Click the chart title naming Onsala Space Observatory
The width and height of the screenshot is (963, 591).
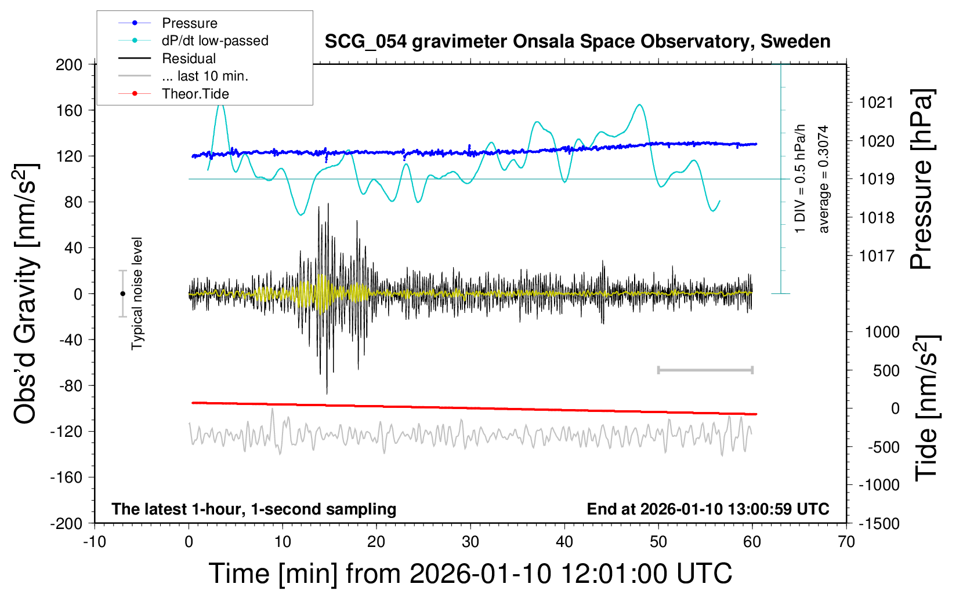577,42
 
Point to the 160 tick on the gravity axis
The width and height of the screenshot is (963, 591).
69,110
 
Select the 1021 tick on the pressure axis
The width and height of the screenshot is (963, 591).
876,103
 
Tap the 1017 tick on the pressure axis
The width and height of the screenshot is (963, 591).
876,256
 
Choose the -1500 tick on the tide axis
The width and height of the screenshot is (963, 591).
879,523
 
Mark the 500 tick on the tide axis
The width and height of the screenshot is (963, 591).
886,370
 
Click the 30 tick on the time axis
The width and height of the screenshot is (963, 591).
470,542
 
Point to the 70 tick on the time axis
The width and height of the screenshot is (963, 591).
846,542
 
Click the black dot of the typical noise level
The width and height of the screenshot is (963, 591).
122,294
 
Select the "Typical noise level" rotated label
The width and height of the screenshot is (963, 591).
137,293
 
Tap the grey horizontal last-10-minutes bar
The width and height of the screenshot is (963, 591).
705,370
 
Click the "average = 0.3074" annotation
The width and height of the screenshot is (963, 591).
824,179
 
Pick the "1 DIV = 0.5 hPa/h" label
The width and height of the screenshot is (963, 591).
801,178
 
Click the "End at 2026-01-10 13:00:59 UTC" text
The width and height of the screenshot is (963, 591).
708,509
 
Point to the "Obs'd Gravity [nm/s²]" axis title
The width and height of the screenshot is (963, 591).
26,293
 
